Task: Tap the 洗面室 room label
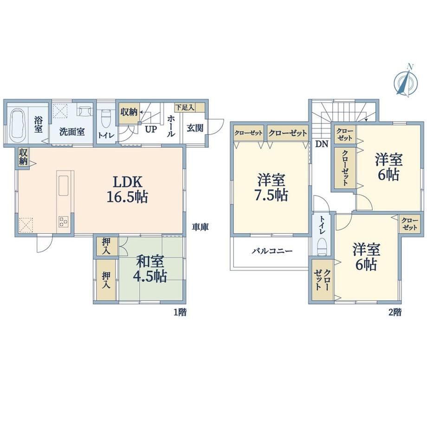(x=72, y=132)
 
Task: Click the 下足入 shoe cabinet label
(x=185, y=107)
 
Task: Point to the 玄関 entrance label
(x=195, y=128)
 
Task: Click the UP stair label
(x=150, y=129)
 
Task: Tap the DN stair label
(x=322, y=144)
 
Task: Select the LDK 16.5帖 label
(x=127, y=189)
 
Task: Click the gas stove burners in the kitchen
(x=63, y=221)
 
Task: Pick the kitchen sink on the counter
(x=63, y=186)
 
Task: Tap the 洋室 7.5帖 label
(x=271, y=188)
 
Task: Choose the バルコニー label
(x=272, y=251)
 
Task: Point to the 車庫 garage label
(x=201, y=227)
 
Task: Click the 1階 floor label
(x=180, y=312)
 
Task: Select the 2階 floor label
(x=395, y=312)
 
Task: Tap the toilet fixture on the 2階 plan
(x=322, y=247)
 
